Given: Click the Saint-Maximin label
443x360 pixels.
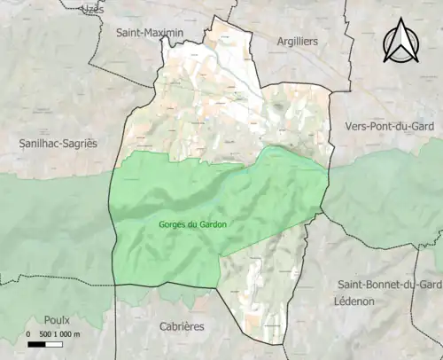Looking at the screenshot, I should [149, 33].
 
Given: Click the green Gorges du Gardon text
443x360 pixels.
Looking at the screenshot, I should [192, 224].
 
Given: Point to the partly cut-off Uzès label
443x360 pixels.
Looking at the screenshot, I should [91, 7].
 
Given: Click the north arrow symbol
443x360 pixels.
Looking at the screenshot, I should [400, 42].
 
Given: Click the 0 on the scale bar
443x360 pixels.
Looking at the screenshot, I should [28, 334].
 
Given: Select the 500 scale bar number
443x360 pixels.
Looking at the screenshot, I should [44, 334].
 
